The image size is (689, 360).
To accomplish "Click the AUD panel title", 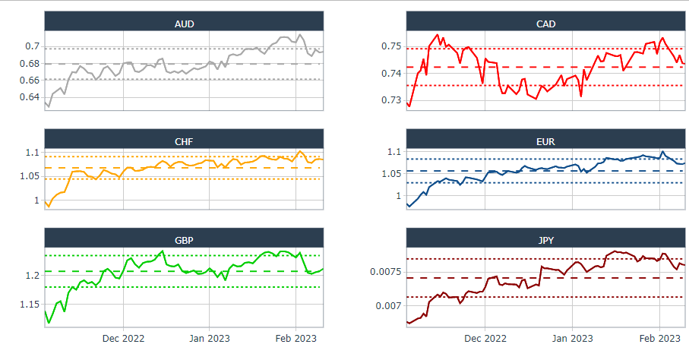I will pyautogui.click(x=184, y=24).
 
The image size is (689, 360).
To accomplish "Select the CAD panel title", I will pyautogui.click(x=545, y=24).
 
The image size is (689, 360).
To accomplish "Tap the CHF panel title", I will pyautogui.click(x=184, y=141).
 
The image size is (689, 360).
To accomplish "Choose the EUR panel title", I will pyautogui.click(x=545, y=141).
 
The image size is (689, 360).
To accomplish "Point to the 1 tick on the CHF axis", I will pyautogui.click(x=36, y=201).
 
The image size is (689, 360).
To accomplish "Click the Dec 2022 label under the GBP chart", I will pyautogui.click(x=123, y=339).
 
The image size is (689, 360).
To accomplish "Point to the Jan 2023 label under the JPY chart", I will pyautogui.click(x=571, y=339).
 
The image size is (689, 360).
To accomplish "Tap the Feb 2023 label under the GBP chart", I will pyautogui.click(x=295, y=339).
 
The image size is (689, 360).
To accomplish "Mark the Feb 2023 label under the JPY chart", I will pyautogui.click(x=658, y=339).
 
